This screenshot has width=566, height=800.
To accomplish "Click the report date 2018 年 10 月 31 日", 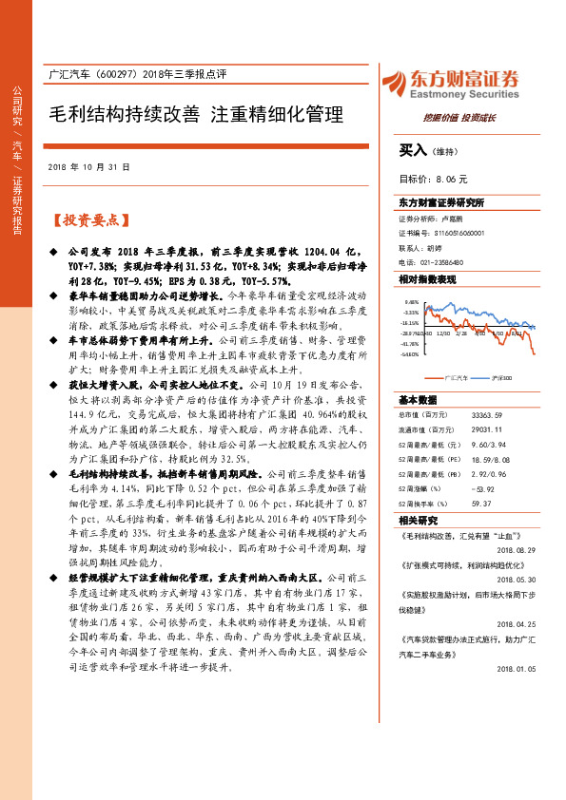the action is pyautogui.click(x=87, y=166).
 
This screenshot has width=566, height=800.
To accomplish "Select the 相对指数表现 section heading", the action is pyautogui.click(x=427, y=279).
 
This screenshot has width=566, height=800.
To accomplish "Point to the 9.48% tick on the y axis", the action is pyautogui.click(x=411, y=301).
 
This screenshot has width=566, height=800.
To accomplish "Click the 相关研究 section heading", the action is pyautogui.click(x=419, y=520).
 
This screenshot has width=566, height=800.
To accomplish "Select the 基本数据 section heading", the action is pyautogui.click(x=419, y=400).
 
